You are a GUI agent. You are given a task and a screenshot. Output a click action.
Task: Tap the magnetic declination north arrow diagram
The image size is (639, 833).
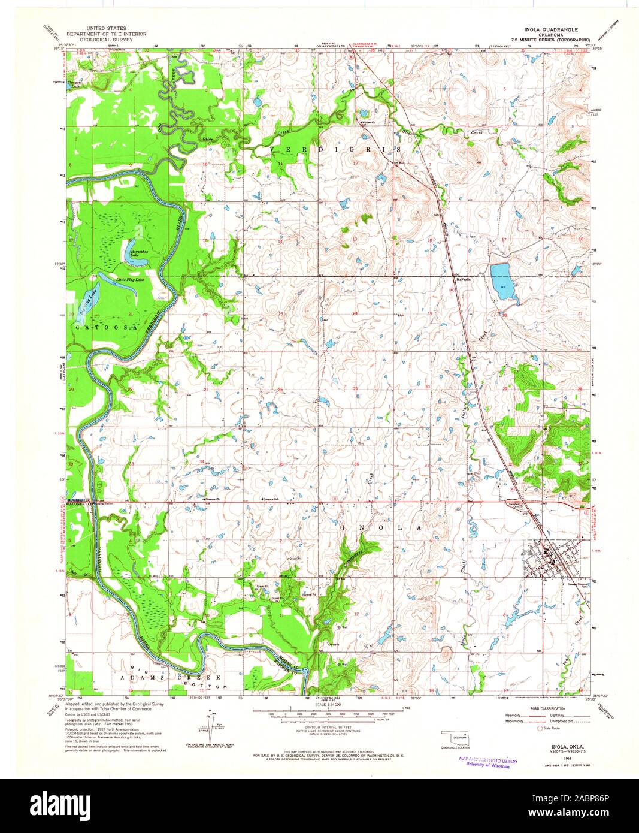[x=210, y=723]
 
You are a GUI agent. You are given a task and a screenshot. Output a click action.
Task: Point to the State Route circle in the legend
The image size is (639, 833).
[x=540, y=728]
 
